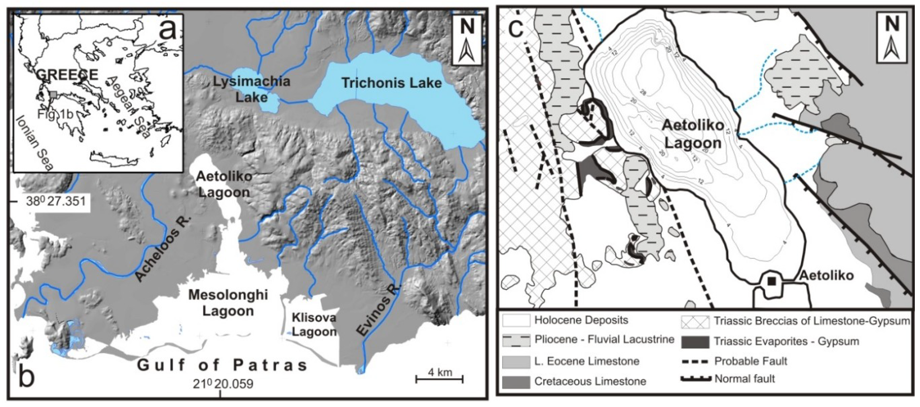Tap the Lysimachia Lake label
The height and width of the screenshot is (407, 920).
252,89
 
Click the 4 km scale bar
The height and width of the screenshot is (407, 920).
440,378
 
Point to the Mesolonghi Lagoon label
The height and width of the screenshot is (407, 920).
228,303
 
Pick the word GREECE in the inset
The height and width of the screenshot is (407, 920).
67,75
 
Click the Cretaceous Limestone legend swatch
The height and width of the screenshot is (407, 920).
516,382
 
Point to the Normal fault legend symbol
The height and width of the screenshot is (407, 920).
695,379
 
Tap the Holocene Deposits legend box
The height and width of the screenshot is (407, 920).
516,320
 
